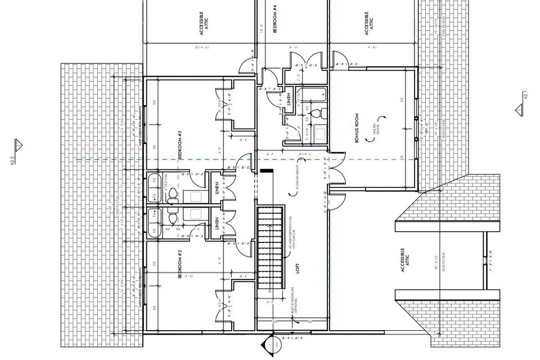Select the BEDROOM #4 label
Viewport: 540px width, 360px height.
[x=275, y=19]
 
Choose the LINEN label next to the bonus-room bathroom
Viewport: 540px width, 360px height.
[x=289, y=100]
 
